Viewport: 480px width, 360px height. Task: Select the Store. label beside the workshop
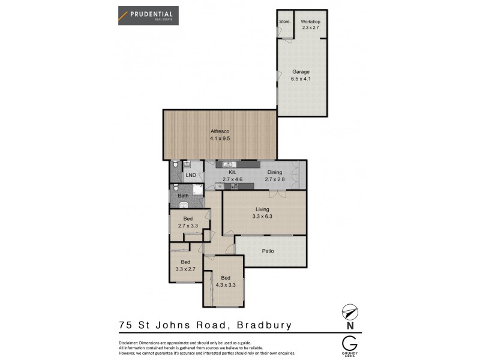[x=284, y=22]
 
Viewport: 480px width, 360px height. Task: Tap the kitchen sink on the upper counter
[x=228, y=164]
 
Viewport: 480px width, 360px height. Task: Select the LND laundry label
[x=191, y=175]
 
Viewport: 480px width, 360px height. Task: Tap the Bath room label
[x=182, y=196]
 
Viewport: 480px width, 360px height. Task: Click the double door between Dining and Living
[x=277, y=193]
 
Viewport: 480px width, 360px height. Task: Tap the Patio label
[x=268, y=251]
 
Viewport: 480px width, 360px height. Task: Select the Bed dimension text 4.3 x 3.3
[x=225, y=285]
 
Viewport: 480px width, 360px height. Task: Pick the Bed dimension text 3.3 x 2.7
[x=185, y=269]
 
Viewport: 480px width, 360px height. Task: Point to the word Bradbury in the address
[x=262, y=326]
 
